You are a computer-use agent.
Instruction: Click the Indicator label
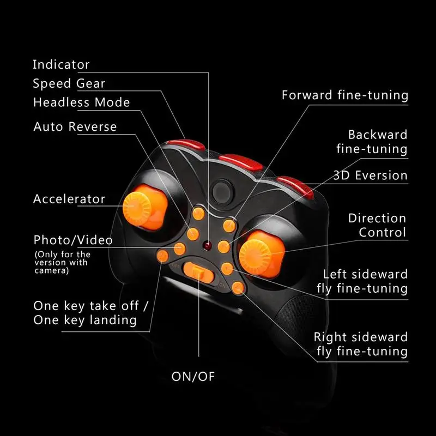click(61, 64)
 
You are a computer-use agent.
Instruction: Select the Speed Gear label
click(69, 83)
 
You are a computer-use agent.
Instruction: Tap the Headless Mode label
click(82, 102)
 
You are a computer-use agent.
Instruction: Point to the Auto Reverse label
click(75, 127)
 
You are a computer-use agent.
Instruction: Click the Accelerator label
click(69, 199)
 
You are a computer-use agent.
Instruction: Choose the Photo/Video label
click(73, 240)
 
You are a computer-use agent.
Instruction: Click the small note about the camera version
click(62, 262)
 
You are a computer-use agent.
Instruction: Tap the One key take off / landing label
click(85, 312)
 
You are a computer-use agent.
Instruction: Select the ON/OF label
click(197, 376)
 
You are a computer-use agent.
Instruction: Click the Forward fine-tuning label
click(344, 95)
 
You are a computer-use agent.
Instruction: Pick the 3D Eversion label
click(371, 175)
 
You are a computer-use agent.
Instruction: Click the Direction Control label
click(377, 225)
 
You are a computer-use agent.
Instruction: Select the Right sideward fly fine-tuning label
click(361, 344)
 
